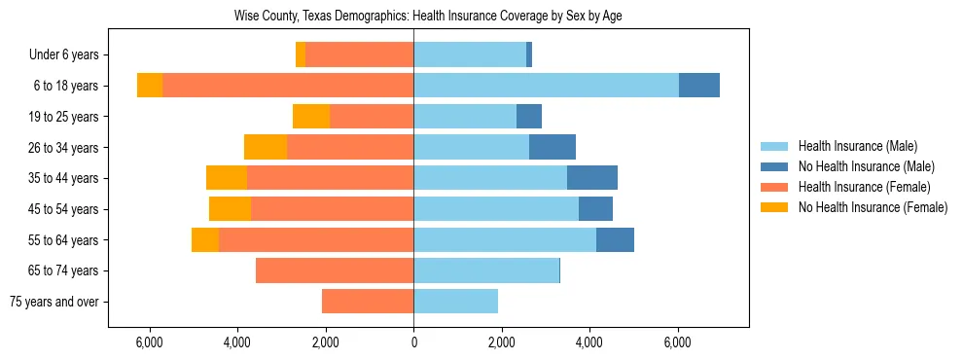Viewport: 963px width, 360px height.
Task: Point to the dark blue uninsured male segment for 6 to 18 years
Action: click(x=698, y=86)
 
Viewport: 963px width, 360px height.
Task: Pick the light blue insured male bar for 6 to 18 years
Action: click(x=546, y=86)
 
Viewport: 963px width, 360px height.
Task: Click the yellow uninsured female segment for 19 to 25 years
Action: click(x=311, y=117)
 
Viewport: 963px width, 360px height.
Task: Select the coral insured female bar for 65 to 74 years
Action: click(x=335, y=270)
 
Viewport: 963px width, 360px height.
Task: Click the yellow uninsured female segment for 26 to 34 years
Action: click(x=266, y=147)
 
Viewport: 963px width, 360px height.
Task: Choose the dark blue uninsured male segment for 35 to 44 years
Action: click(x=591, y=178)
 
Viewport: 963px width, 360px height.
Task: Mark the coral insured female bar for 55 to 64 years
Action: click(x=316, y=239)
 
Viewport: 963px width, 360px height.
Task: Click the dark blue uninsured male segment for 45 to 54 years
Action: click(x=595, y=209)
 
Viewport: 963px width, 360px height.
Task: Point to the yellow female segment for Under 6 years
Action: click(x=301, y=55)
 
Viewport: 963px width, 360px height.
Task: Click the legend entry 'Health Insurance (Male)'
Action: click(x=857, y=146)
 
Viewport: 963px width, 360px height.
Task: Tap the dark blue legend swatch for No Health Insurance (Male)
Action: click(x=773, y=166)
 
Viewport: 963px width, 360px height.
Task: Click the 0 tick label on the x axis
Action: click(x=413, y=342)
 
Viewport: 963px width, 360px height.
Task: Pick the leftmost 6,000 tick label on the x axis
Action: click(x=149, y=342)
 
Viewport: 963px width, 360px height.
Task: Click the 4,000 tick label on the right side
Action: click(x=589, y=342)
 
